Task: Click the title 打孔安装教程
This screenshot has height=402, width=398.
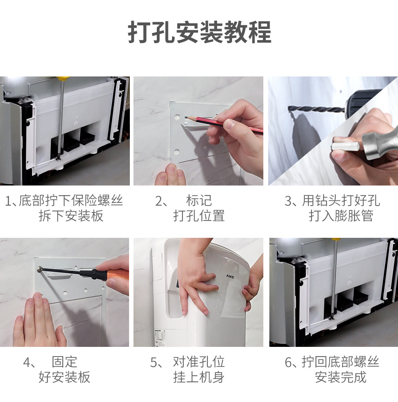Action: [x=199, y=33]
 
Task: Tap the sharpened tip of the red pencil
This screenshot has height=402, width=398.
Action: [x=185, y=117]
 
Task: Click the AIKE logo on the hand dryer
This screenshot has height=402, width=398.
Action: [x=230, y=276]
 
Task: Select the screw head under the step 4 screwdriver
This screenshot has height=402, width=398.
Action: [x=39, y=269]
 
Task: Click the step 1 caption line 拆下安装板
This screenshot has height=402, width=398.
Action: [x=71, y=216]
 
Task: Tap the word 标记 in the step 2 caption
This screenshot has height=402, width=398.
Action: [x=199, y=200]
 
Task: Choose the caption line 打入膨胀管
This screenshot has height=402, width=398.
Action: [x=341, y=216]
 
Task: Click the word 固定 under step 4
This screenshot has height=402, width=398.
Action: [x=64, y=362]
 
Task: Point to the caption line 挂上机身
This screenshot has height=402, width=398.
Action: [x=199, y=377]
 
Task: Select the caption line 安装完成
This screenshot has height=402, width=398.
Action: [x=341, y=377]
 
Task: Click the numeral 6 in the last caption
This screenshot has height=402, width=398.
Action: [x=288, y=362]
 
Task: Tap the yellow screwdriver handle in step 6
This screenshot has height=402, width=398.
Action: [x=336, y=239]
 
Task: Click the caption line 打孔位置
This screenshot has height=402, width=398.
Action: [x=199, y=216]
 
